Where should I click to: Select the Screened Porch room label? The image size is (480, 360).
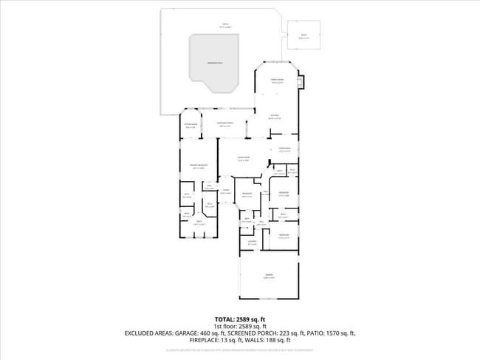click(x=225, y=125)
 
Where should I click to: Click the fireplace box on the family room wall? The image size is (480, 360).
click(x=300, y=81)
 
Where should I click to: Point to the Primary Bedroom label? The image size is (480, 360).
click(x=199, y=166)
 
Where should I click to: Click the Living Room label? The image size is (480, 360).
click(x=243, y=159)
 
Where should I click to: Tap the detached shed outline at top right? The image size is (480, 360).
click(x=303, y=35)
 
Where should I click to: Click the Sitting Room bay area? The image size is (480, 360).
click(x=191, y=126)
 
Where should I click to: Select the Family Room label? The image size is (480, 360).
click(x=277, y=81)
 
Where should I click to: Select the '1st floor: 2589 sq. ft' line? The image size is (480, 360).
click(x=240, y=326)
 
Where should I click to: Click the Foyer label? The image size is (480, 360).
click(x=227, y=193)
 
